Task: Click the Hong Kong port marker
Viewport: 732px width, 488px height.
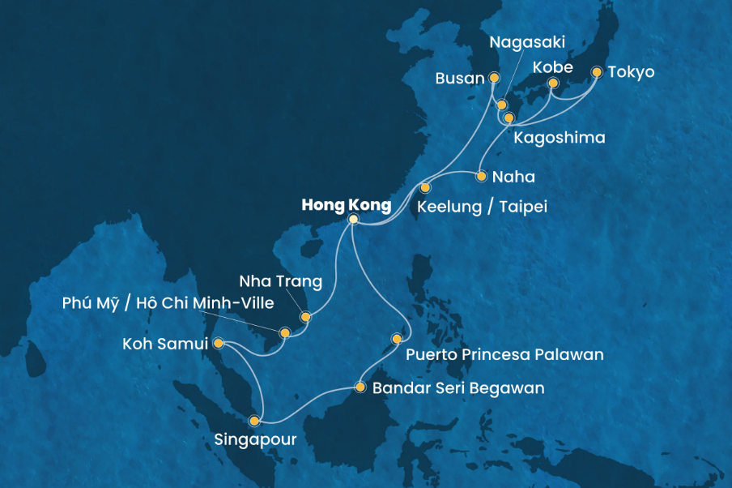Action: coord(353,220)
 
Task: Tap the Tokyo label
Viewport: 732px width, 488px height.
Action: coord(633,73)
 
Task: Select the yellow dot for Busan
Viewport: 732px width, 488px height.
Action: coord(494,78)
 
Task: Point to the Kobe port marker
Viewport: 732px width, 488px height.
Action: coord(553,83)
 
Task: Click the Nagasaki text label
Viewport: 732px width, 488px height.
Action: coord(527,41)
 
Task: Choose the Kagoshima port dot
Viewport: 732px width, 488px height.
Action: coord(509,118)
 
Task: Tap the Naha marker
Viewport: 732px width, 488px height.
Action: coord(481,176)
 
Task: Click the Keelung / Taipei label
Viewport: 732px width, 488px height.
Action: coord(482,207)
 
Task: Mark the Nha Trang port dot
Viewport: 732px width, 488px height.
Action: coord(305,317)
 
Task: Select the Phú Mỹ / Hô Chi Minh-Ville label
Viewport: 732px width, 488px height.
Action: coord(168,304)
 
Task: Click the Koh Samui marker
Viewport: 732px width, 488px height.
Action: coord(218,343)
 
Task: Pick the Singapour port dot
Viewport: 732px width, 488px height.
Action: coord(254,421)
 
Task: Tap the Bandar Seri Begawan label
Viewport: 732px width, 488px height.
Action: coord(458,388)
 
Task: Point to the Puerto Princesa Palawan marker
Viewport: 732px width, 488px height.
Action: coord(397,339)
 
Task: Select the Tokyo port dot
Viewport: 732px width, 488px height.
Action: coord(597,72)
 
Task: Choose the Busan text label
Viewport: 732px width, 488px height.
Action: coord(459,79)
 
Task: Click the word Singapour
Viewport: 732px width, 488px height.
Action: coord(255,441)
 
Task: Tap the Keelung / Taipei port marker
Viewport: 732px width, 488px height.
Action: coord(425,188)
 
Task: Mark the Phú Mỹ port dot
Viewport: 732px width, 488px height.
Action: coord(284,332)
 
